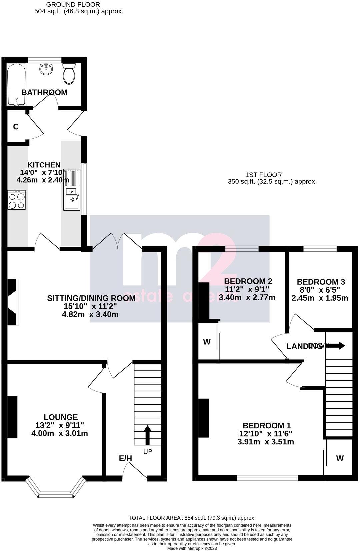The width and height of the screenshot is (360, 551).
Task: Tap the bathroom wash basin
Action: (x=46, y=69)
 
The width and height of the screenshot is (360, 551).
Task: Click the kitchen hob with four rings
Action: (x=17, y=200)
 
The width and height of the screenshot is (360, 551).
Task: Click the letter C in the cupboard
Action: (x=16, y=127)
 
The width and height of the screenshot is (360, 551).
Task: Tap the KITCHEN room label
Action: (x=44, y=165)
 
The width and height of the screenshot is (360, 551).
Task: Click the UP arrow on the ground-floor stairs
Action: (x=147, y=435)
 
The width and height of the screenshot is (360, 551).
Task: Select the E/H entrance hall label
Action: (x=125, y=458)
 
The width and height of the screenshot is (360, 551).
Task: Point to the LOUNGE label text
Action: (x=61, y=417)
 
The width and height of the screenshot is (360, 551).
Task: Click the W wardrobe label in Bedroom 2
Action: (x=207, y=342)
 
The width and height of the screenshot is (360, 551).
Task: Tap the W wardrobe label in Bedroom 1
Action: (x=340, y=458)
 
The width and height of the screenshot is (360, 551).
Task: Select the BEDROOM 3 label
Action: (x=321, y=282)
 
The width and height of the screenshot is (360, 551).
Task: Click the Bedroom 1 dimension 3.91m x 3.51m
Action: (x=266, y=442)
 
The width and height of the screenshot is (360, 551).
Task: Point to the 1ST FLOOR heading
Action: (x=263, y=175)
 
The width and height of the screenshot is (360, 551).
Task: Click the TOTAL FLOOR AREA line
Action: (x=192, y=518)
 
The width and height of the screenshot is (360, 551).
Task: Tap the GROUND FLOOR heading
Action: (x=73, y=4)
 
